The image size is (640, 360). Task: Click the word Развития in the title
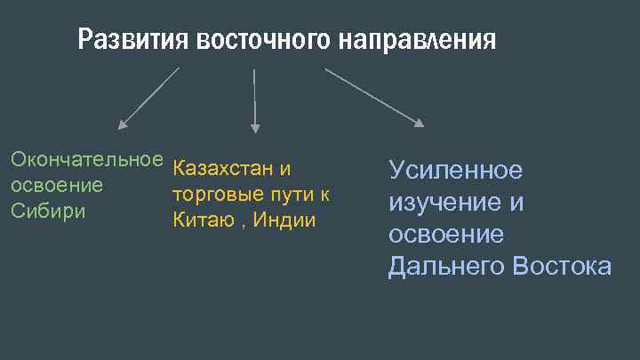coord(133,40)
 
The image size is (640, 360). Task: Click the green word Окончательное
coord(86,161)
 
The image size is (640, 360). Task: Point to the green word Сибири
coord(47,212)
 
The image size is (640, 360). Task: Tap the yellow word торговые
coord(215,194)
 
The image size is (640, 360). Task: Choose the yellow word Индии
coord(284,220)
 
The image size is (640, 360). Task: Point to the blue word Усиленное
coord(455,171)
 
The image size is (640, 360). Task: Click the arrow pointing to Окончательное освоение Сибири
coord(148,97)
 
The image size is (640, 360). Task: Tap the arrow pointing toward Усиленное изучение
coord(373,97)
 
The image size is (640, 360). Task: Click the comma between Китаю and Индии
coord(242,224)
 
